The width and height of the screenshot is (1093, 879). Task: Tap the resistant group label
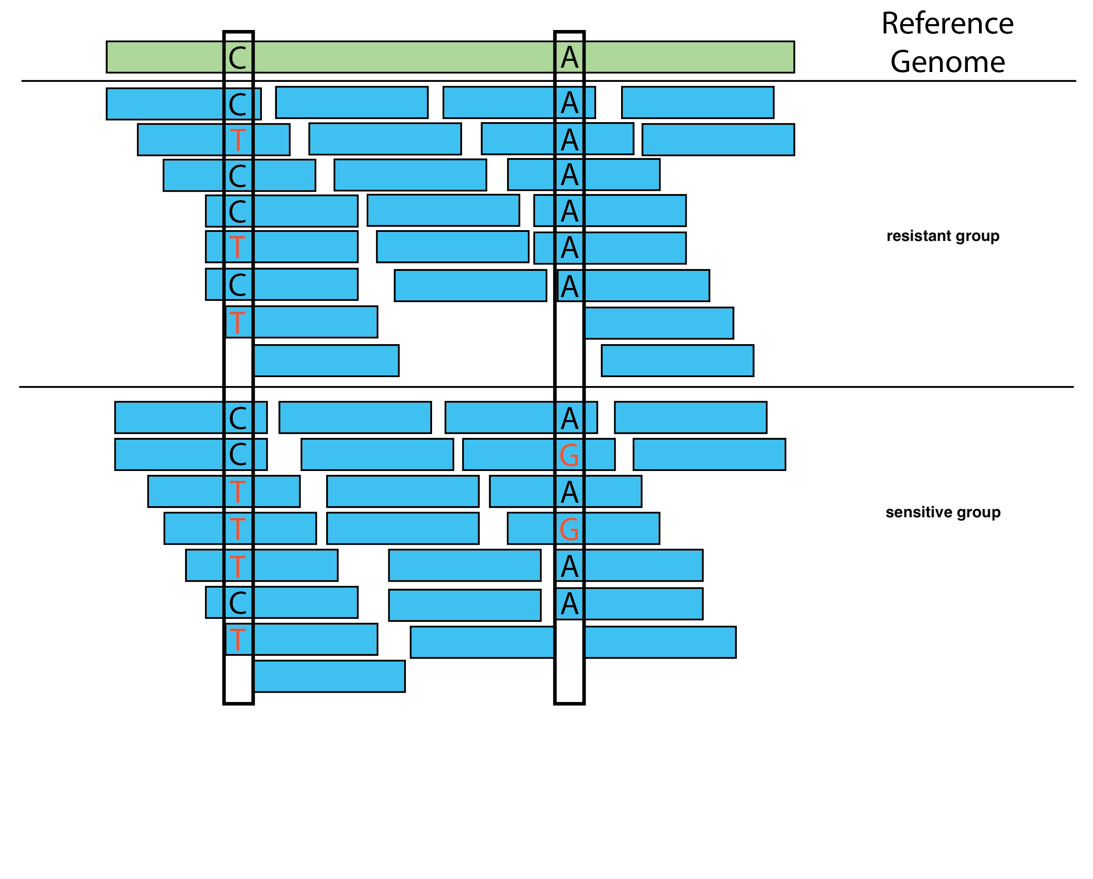[x=943, y=236]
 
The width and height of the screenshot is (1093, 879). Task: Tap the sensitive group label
[x=943, y=513]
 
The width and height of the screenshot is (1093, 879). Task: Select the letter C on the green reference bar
[x=237, y=58]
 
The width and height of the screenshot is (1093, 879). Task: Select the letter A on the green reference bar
[x=569, y=58]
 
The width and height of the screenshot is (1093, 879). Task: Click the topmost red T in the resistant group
[x=237, y=140]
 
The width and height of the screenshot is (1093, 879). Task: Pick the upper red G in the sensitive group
[x=569, y=455]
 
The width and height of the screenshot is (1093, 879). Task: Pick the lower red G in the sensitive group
[x=569, y=529]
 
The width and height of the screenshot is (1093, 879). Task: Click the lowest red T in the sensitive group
[x=237, y=639]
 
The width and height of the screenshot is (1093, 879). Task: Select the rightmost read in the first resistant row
[x=697, y=103]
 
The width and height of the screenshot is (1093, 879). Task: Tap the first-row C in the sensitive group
[x=237, y=418]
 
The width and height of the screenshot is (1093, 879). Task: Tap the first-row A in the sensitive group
[x=569, y=418]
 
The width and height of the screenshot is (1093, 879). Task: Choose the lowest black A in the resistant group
[x=569, y=286]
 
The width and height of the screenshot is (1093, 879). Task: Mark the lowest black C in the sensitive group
[x=237, y=603]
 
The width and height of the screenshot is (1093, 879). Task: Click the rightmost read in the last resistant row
[x=677, y=361]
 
